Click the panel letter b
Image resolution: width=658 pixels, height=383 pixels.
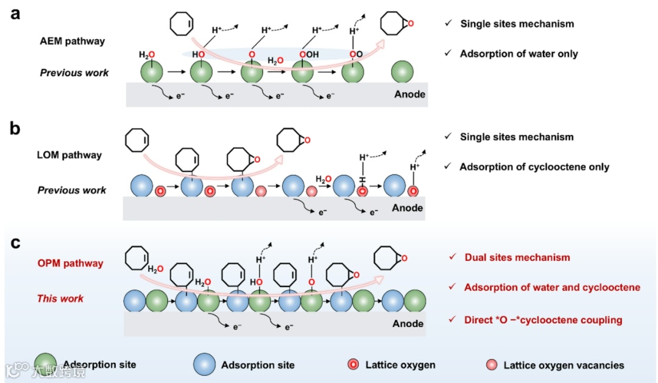(16, 129)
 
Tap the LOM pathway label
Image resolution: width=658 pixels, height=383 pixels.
(69, 155)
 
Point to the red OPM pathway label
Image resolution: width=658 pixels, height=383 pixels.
(70, 263)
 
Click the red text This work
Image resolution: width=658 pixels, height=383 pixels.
(60, 298)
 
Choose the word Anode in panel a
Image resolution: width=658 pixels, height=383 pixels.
(409, 94)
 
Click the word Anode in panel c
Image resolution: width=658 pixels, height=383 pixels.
(408, 323)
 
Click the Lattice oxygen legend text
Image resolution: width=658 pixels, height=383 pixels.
(400, 365)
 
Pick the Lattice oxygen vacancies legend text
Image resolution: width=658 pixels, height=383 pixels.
(564, 365)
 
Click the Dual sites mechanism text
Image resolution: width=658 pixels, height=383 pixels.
(517, 257)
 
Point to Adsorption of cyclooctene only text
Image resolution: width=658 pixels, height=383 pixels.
(534, 166)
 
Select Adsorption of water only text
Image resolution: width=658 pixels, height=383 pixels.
(518, 54)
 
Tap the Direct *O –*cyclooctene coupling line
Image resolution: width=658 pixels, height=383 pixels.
(543, 320)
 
